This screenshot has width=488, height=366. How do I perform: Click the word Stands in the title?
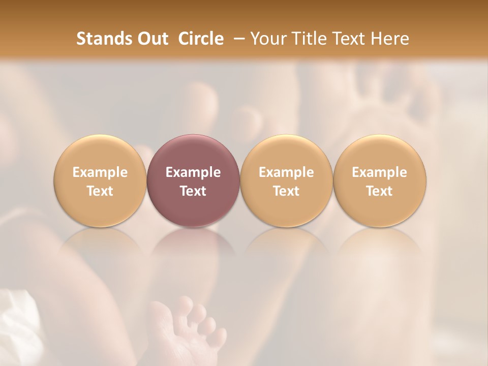point(103,39)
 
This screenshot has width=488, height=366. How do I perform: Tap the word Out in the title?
point(151,39)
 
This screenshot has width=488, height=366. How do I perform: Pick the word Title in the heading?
point(308,39)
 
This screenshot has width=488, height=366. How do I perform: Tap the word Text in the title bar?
point(348,39)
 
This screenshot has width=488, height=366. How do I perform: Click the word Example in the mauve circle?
point(193,172)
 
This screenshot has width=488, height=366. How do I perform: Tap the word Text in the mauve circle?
point(193,191)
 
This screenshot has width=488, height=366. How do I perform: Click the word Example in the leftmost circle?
point(100,172)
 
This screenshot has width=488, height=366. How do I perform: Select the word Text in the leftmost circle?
point(100,191)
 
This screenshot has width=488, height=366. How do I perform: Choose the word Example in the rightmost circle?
point(379,172)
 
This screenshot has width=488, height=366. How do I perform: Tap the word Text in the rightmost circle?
point(379,191)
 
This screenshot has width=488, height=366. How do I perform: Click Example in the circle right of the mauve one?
point(286,172)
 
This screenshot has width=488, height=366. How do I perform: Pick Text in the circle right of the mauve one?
point(286,191)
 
